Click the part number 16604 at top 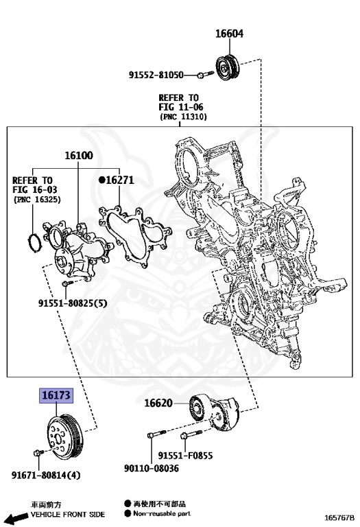click(x=229, y=34)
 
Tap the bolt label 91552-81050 click(x=156, y=74)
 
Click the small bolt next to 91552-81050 click(x=200, y=74)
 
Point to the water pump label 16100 click(x=78, y=156)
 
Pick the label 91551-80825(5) click(x=73, y=303)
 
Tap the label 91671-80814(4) click(x=45, y=475)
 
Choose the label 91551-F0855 click(x=185, y=454)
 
